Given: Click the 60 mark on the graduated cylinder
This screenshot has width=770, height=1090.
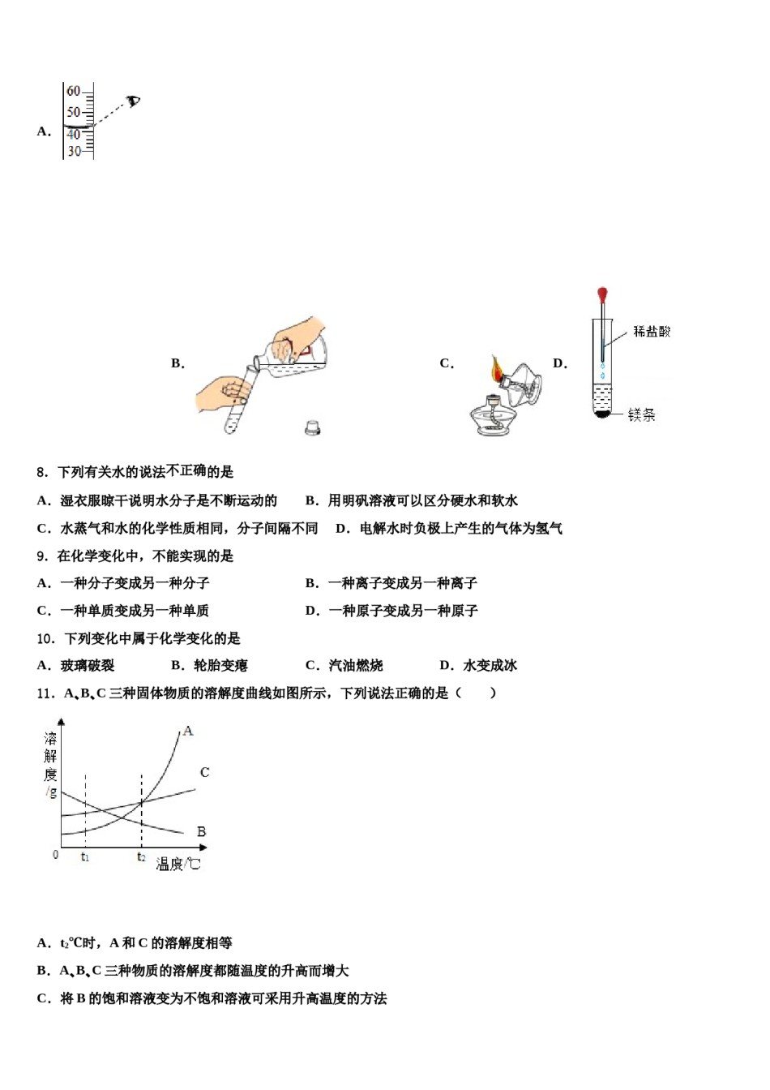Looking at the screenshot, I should (74, 92).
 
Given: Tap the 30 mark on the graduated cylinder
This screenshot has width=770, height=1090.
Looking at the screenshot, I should (74, 151).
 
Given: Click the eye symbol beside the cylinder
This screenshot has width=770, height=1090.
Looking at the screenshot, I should (134, 101).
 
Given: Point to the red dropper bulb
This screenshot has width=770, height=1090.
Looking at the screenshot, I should (602, 294).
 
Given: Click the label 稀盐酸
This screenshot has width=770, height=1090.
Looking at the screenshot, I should (652, 331).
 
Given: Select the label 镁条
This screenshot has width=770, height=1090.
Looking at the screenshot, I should (642, 415).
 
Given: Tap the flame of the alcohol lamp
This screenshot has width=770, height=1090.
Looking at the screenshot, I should (496, 370).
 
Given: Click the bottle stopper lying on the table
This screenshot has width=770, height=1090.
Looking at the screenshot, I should (313, 427).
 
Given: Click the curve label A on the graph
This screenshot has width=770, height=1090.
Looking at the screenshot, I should (188, 731).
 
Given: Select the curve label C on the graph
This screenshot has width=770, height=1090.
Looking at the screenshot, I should (204, 772).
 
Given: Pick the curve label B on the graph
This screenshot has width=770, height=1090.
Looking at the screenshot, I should (201, 831).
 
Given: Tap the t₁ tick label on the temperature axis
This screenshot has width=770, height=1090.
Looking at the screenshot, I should (85, 857).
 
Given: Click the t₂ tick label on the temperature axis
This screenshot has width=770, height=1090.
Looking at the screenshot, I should (141, 857).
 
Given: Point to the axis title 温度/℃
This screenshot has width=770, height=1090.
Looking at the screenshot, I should (178, 865).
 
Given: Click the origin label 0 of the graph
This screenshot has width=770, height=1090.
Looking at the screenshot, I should (55, 855).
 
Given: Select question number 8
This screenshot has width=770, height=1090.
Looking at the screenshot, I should (43, 472).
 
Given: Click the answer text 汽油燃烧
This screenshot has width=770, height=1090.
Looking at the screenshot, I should (356, 666).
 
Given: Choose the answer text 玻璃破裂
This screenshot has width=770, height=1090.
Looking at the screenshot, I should (88, 666).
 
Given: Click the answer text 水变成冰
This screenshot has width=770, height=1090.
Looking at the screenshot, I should (490, 666).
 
